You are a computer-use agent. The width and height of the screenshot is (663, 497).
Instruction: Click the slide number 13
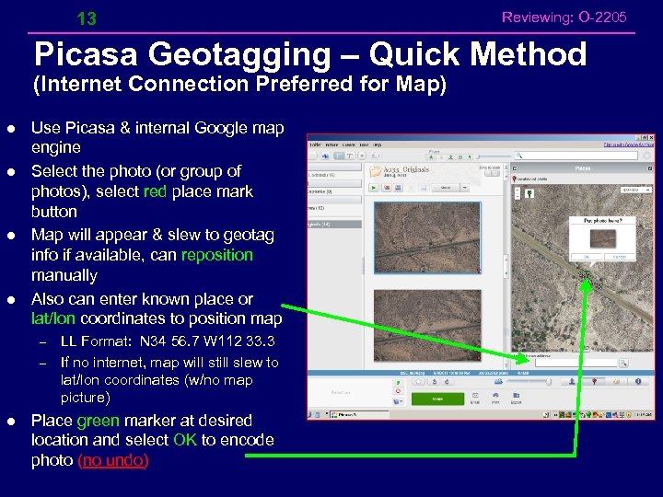pos(87,18)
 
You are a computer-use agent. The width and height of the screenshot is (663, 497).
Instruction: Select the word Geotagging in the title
pos(233,54)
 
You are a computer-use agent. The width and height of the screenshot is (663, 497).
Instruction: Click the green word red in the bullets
pos(156,191)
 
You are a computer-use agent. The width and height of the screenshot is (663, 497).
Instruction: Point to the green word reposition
pos(217,255)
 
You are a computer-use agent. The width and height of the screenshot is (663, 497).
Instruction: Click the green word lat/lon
pos(53,318)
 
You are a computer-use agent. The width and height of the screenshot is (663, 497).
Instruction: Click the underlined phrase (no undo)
pos(115,460)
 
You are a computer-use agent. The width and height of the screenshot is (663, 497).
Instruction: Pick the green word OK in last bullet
pos(184,440)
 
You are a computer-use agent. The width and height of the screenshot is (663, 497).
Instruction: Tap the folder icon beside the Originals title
pos(375,171)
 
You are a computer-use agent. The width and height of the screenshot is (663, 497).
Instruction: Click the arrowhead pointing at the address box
pos(518,360)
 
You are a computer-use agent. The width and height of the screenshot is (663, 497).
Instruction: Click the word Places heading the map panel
pos(582,168)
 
